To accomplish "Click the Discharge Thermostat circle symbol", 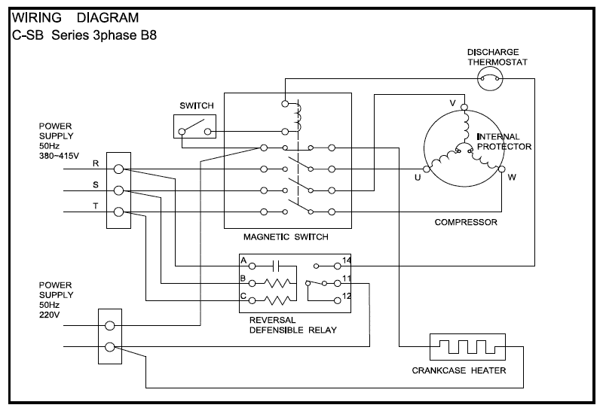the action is pyautogui.click(x=490, y=79).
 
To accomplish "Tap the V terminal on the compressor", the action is pyautogui.click(x=464, y=107).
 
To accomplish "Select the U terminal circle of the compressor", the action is pyautogui.click(x=427, y=169).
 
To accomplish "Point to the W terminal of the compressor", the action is pyautogui.click(x=501, y=169).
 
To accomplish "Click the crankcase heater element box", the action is pyautogui.click(x=467, y=347).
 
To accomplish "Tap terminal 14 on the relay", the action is pyautogui.click(x=337, y=266).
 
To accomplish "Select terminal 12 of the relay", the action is pyautogui.click(x=337, y=301).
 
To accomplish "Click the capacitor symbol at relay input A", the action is pyautogui.click(x=275, y=266).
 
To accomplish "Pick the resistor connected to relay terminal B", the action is pyautogui.click(x=277, y=284).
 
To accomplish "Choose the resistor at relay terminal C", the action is pyautogui.click(x=277, y=300).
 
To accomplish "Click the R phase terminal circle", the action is pyautogui.click(x=119, y=169).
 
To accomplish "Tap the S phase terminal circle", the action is pyautogui.click(x=119, y=190).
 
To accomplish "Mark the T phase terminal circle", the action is pyautogui.click(x=119, y=212).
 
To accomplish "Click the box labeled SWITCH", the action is pyautogui.click(x=194, y=126).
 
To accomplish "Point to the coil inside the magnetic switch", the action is pyautogui.click(x=298, y=117).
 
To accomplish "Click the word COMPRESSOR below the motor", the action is pyautogui.click(x=466, y=222).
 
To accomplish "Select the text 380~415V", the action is pyautogui.click(x=60, y=156).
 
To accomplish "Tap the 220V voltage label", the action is pyautogui.click(x=50, y=315).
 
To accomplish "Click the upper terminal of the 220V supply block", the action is pyautogui.click(x=110, y=326).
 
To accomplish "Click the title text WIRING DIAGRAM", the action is pyautogui.click(x=75, y=17).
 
